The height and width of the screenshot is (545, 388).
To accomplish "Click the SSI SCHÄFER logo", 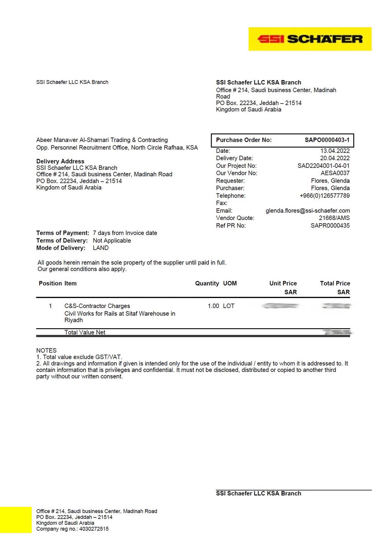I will (x=310, y=39).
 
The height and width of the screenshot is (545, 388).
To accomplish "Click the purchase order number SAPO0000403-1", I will (x=327, y=140).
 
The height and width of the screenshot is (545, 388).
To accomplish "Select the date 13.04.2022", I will (x=335, y=151).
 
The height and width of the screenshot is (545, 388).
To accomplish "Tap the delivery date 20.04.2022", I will (x=335, y=158).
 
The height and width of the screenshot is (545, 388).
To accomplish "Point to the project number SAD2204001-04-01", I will (x=323, y=166).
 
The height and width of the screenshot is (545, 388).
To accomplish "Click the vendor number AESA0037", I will (x=335, y=173).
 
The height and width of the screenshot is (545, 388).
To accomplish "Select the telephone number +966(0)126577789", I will (x=324, y=196).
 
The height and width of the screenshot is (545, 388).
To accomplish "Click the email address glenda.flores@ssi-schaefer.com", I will (x=308, y=211).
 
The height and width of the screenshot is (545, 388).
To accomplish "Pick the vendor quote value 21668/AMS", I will (x=334, y=218).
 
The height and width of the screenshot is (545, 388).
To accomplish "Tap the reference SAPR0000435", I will (x=330, y=225).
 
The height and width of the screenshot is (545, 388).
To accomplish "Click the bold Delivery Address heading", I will (x=60, y=161).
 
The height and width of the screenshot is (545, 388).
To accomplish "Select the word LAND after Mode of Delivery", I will (x=101, y=248).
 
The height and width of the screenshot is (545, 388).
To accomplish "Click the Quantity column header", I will (x=207, y=284).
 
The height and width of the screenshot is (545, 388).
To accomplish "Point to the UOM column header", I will (x=230, y=284).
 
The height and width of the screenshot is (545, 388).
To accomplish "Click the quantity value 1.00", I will (x=213, y=306).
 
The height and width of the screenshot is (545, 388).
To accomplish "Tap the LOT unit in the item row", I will (x=229, y=306).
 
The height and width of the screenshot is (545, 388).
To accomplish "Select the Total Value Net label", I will (x=85, y=332).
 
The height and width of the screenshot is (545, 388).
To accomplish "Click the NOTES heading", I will (x=46, y=350).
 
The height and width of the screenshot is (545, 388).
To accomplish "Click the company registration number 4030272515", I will (x=94, y=529).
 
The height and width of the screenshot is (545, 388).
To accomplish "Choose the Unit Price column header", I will (x=283, y=284).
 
